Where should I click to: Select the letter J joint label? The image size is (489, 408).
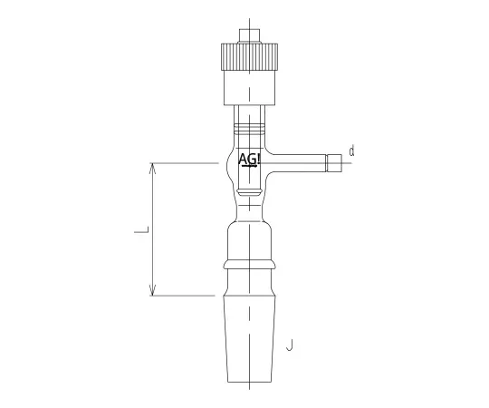[289, 345]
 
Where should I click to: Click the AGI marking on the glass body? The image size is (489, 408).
[249, 160]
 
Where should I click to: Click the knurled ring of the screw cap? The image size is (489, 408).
[248, 55]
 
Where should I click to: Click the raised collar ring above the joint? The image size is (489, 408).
[248, 265]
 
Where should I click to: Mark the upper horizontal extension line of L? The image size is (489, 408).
[186, 163]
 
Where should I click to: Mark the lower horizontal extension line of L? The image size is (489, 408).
[186, 296]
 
